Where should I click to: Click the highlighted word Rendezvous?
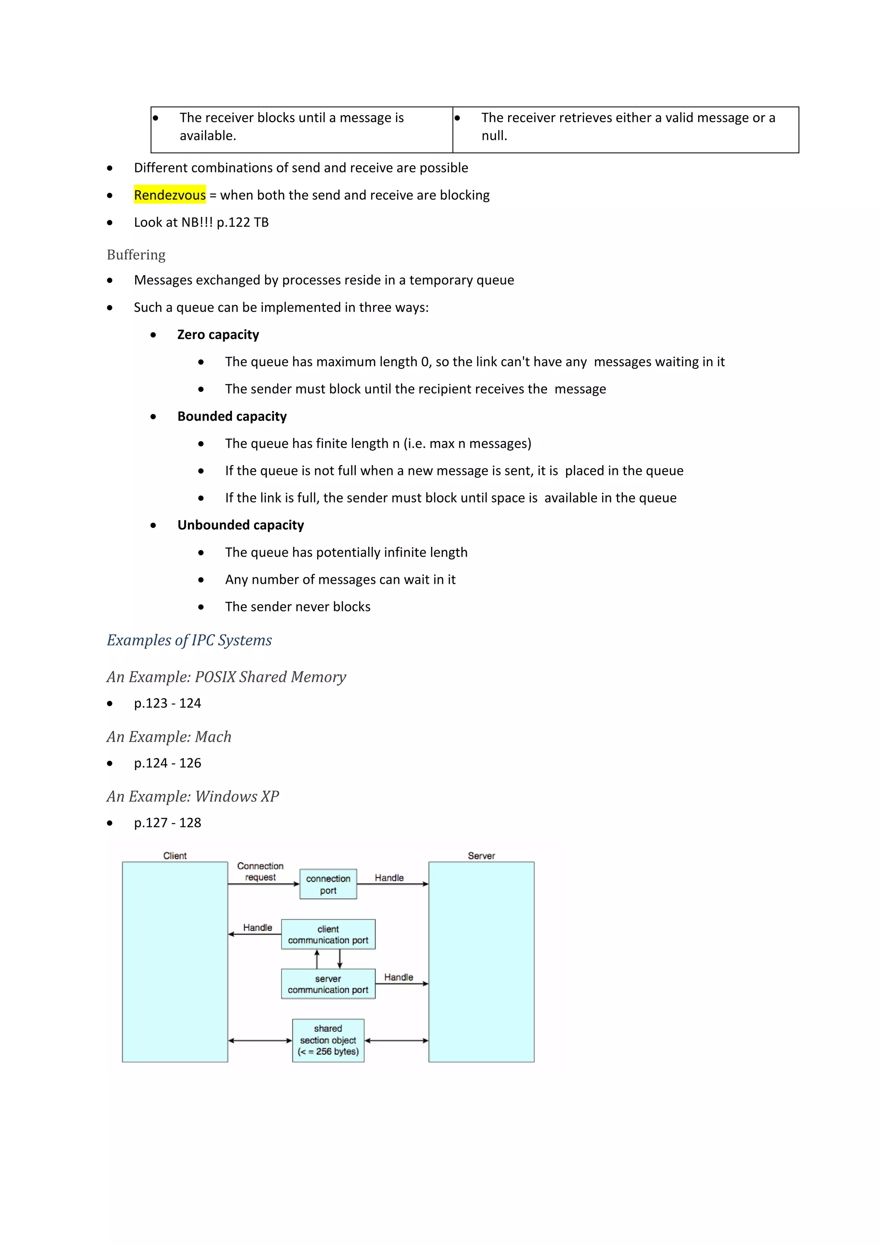coord(170,195)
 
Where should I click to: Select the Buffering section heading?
coord(136,255)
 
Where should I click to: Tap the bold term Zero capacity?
coord(218,334)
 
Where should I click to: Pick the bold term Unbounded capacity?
coord(240,525)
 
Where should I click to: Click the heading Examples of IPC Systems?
coord(189,640)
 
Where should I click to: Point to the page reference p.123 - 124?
coord(168,703)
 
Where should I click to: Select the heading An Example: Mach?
coord(169,737)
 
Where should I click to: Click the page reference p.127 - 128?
coord(168,823)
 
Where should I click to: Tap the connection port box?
coord(328,884)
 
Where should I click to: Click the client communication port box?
coord(328,934)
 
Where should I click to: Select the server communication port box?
coord(328,984)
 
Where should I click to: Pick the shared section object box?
coord(328,1040)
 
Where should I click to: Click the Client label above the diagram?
coord(175,856)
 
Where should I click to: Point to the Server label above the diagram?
coord(481,856)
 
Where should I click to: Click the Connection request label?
coord(260,872)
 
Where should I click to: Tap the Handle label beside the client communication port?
coord(258,928)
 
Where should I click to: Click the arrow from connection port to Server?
coord(392,884)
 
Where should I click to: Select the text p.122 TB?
coord(243,222)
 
